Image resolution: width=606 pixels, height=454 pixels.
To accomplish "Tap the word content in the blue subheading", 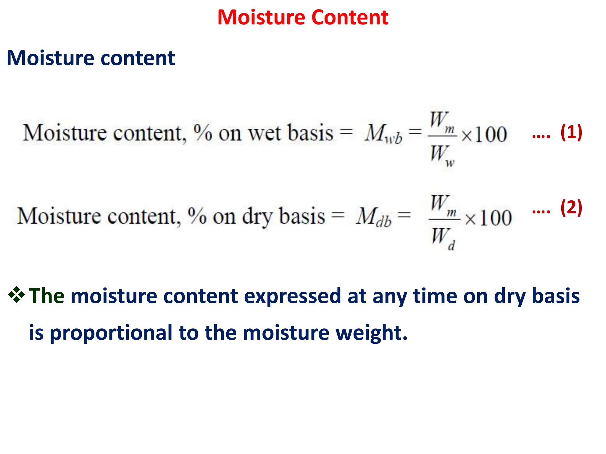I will point(138,58).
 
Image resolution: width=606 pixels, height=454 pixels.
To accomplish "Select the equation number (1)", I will point(571,132).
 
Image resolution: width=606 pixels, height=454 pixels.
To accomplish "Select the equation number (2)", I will point(571,207).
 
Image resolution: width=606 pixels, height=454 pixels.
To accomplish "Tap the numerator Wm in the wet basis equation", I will point(442,121).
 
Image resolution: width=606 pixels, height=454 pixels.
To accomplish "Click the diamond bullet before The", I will point(17,295).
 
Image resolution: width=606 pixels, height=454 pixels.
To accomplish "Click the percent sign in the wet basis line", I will point(203,132).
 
